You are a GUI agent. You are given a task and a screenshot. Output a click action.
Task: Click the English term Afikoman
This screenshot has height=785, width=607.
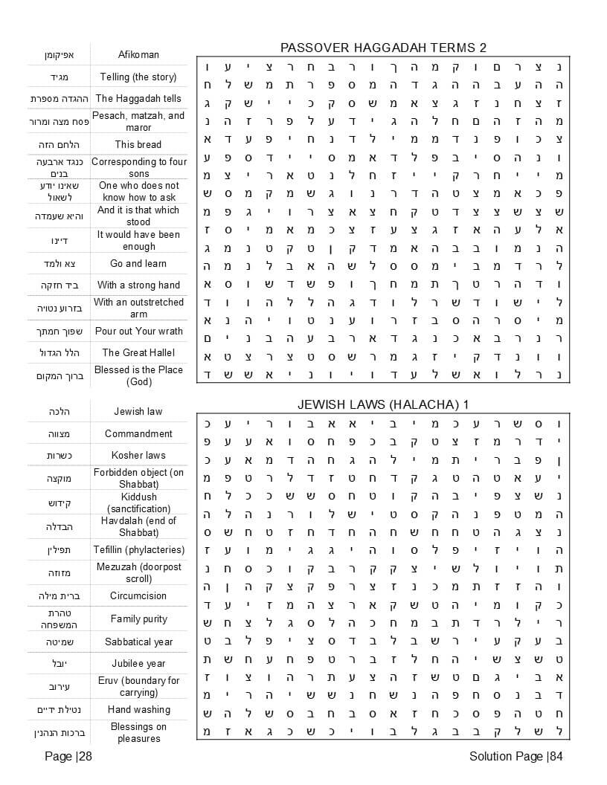coord(138,54)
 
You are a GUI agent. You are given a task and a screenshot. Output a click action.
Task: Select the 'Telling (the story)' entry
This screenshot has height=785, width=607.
coord(138,77)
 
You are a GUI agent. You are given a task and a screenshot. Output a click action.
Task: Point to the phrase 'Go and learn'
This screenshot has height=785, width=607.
coord(138,263)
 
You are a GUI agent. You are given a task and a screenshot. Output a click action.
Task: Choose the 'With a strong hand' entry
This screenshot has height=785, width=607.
coord(138,285)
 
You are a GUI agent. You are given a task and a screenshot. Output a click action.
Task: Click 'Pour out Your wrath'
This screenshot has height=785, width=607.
coord(138,331)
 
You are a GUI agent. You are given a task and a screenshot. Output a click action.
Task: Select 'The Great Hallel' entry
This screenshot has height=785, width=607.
coord(138,352)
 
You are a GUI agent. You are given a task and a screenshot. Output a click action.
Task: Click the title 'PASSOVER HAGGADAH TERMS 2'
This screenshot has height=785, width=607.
coord(383,48)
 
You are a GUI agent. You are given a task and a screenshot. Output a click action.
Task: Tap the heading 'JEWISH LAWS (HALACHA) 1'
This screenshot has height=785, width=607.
coord(383,404)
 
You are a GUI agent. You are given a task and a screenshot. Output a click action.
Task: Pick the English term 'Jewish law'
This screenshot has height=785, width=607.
coord(138,411)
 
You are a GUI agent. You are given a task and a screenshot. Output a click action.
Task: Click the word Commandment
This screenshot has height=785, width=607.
coord(138,433)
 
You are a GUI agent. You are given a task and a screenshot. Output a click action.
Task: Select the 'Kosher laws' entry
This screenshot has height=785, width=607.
coord(138,455)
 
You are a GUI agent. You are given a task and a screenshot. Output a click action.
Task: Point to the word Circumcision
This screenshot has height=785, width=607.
coord(138,595)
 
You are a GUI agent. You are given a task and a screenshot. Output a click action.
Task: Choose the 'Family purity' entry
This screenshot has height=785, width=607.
coord(138,618)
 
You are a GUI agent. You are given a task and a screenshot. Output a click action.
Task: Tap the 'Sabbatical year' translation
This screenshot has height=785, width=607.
coord(138,642)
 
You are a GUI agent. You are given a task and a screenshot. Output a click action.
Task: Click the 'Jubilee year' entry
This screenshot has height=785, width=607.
coord(138,663)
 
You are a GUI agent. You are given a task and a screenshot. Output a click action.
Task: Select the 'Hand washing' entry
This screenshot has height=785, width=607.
coord(138,709)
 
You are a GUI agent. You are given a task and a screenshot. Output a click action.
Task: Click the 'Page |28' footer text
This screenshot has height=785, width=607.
coord(68,757)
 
